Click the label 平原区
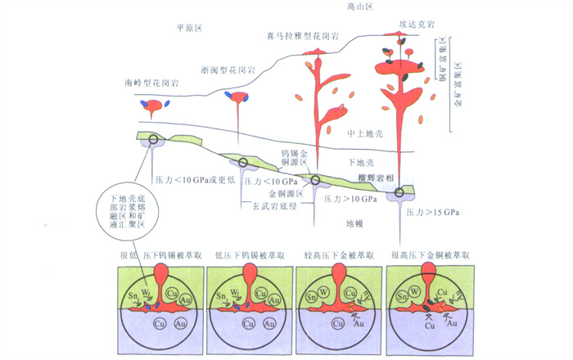coord(188,28)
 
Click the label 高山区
coord(357,7)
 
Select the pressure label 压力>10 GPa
coord(350,199)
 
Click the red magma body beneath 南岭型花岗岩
coord(153,101)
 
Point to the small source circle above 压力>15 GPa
coord(400,192)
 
